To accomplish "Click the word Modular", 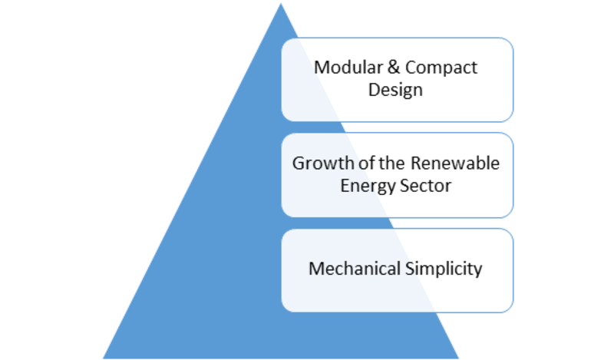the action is coord(348,68).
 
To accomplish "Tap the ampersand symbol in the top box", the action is coord(393,68).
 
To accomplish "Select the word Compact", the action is coord(441,68).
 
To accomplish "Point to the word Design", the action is coord(395,90).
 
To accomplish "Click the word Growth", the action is coord(323,163).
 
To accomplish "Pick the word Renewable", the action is coord(455,163).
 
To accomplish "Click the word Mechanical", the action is coord(355,269).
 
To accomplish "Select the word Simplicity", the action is coord(444,269).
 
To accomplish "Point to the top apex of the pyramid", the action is coord(281,4).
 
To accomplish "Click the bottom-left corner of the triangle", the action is coord(104,358).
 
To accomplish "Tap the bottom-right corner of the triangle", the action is coord(458,358).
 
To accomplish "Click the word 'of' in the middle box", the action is coord(366,163).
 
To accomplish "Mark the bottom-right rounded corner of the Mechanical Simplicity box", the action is coord(508,308).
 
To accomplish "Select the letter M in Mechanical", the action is coord(315,269).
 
